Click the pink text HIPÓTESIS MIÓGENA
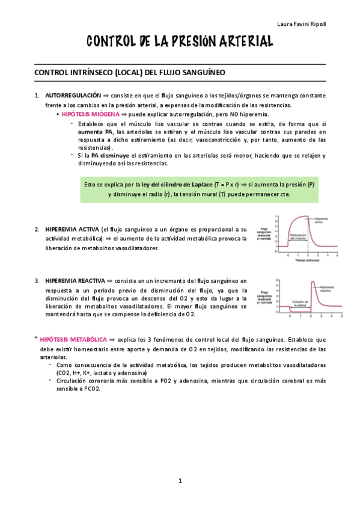point(90,114)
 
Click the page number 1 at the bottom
point(180,481)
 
